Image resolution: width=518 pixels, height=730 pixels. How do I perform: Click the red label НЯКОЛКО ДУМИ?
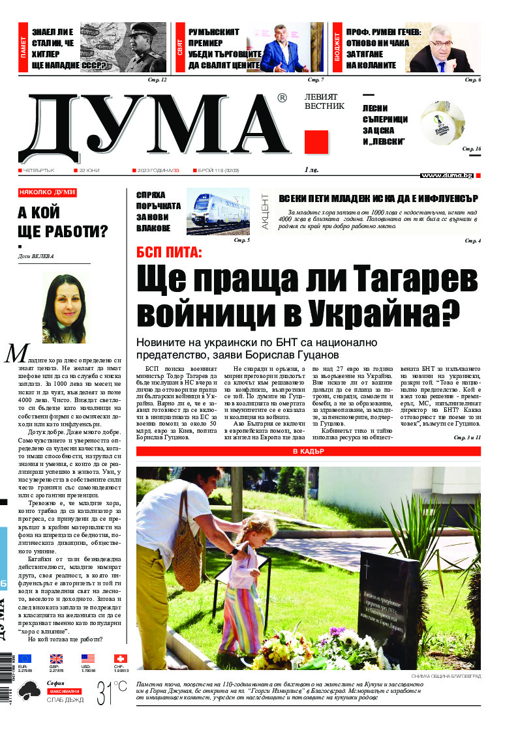point(47,192)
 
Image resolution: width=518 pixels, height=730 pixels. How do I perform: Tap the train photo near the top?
point(218,211)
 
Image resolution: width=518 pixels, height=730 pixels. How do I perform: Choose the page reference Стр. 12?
point(158,80)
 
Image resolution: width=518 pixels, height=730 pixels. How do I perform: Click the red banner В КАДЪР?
point(308,451)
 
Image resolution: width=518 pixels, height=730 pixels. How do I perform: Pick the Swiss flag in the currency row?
point(121,659)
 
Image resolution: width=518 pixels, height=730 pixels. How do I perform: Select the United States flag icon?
point(88,659)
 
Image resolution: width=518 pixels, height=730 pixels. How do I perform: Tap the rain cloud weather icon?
point(31,690)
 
